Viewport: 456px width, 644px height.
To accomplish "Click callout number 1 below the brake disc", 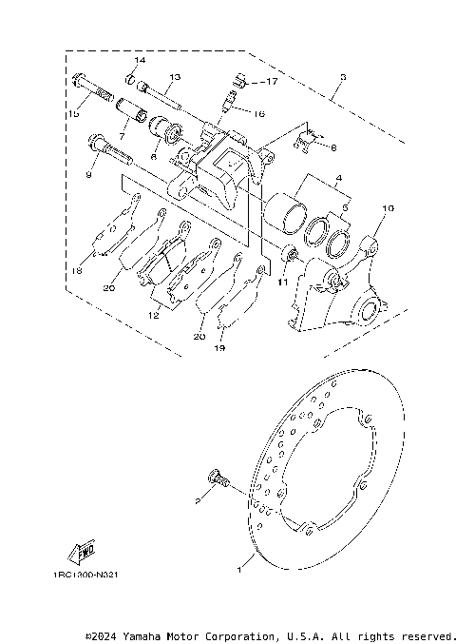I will tap(239, 571).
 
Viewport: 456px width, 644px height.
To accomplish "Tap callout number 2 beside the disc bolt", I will tap(198, 498).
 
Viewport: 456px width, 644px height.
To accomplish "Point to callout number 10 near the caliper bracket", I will tap(388, 207).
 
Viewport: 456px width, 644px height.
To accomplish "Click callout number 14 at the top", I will tap(139, 61).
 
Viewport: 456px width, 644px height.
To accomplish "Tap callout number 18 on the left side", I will tap(77, 271).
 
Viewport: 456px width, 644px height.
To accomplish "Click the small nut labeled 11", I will tap(292, 253).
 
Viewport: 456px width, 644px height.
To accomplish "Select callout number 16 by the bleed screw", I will tap(258, 112).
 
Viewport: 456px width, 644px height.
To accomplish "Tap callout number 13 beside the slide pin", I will tap(175, 77).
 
